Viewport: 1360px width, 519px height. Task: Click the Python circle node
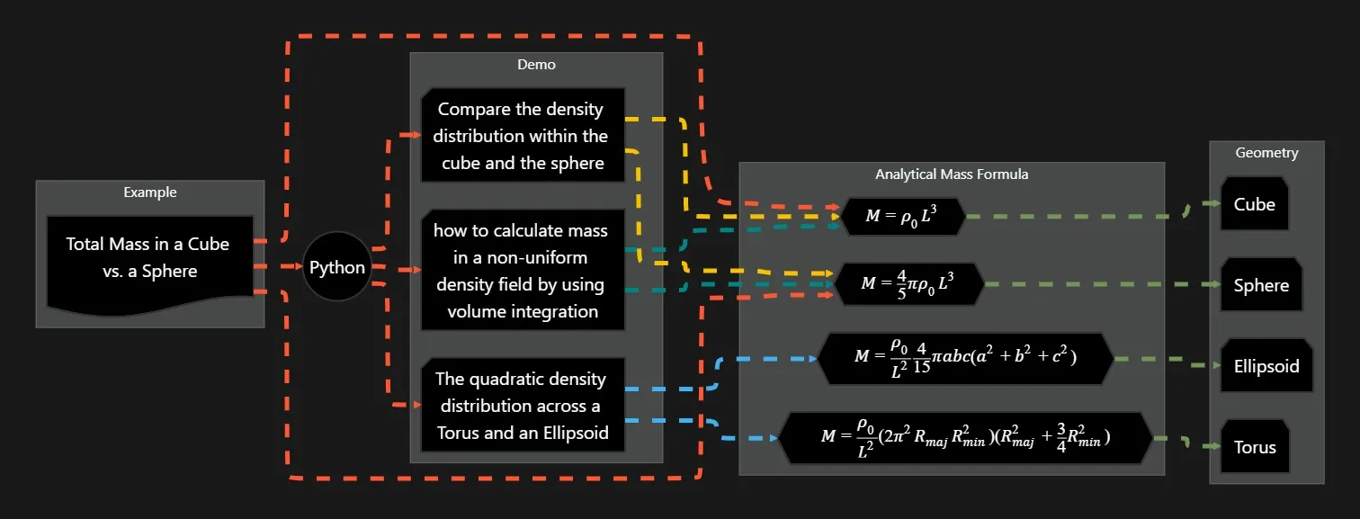point(337,267)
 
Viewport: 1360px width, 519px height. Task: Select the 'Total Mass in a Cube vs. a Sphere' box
point(148,261)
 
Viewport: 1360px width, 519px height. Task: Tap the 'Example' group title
point(150,192)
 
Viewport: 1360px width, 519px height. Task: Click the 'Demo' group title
point(536,65)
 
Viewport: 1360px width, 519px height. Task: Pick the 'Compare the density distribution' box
point(521,135)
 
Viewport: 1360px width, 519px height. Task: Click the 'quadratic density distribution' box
point(521,405)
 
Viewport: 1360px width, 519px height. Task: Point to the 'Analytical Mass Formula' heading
point(952,174)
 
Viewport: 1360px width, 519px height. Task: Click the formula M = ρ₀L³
point(903,217)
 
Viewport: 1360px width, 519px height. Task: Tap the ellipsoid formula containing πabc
point(965,358)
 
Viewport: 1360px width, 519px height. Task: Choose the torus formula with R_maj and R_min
point(965,439)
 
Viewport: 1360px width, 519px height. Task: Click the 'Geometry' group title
point(1266,153)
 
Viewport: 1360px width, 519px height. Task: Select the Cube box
point(1254,204)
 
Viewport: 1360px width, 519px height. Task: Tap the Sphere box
point(1261,285)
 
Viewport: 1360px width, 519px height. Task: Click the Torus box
point(1254,447)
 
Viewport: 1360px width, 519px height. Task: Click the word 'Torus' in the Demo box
point(464,433)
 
